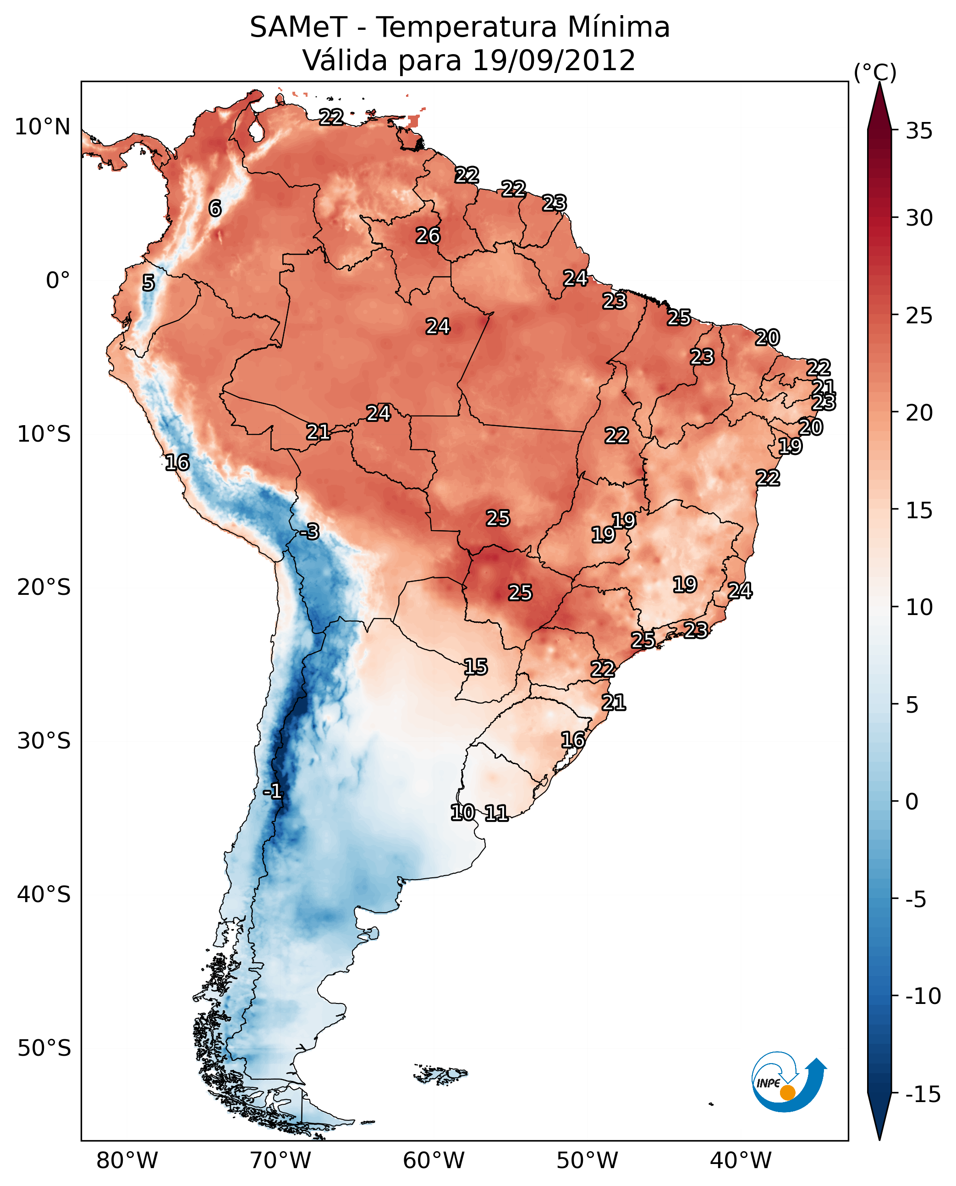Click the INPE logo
pyautogui.click(x=789, y=1081)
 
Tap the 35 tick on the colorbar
pyautogui.click(x=919, y=131)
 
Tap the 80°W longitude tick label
pyautogui.click(x=127, y=1161)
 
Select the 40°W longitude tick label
pyautogui.click(x=741, y=1161)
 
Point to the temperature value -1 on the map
pyautogui.click(x=272, y=792)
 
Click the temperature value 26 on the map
pyautogui.click(x=428, y=236)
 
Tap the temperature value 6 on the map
pyautogui.click(x=215, y=208)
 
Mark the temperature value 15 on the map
pyautogui.click(x=475, y=667)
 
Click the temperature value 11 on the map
pyautogui.click(x=496, y=813)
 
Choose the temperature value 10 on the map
pyautogui.click(x=462, y=812)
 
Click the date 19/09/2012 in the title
pyautogui.click(x=554, y=61)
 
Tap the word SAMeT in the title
pyautogui.click(x=298, y=28)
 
